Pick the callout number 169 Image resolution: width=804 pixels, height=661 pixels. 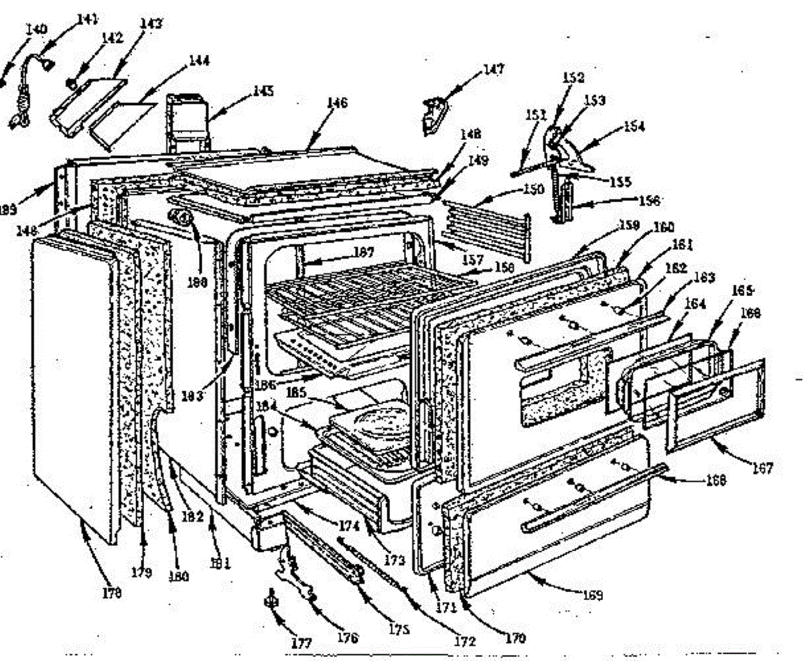(592, 594)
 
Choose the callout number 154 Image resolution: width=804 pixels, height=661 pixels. (633, 126)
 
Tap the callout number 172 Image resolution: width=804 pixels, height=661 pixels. (464, 641)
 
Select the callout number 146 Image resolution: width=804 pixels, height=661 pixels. (337, 104)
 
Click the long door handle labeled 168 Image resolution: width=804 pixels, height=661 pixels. (590, 496)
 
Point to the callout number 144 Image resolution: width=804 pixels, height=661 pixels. (198, 60)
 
